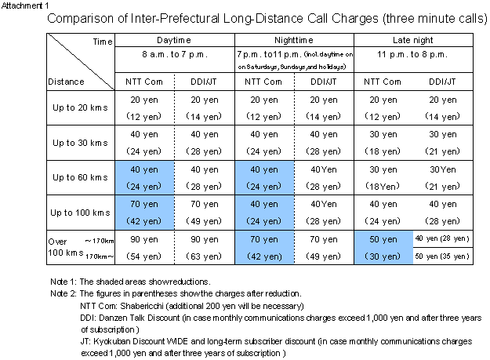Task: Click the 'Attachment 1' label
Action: pos(24,5)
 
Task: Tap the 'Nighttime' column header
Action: pos(294,39)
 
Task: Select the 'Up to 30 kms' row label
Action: pos(79,143)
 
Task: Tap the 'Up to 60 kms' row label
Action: pos(79,177)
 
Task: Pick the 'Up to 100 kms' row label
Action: pos(78,213)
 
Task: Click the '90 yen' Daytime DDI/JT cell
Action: pos(204,238)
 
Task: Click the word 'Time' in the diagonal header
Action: pos(103,40)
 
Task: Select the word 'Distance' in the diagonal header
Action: pos(67,81)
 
